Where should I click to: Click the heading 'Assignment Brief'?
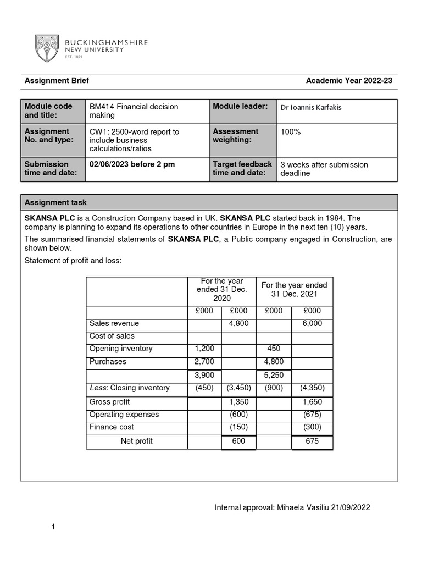(57, 81)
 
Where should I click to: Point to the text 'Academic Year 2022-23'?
(349, 81)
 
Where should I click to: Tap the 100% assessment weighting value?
(290, 132)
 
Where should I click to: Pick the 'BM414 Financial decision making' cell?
(134, 111)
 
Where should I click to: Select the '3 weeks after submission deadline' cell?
(324, 169)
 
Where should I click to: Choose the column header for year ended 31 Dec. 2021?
(294, 289)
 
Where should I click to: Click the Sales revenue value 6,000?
(312, 323)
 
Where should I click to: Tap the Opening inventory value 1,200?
(204, 349)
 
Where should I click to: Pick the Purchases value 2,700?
(204, 362)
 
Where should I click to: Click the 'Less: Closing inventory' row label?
(129, 388)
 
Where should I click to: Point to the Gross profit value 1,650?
(312, 402)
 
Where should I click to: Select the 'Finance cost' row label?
(112, 427)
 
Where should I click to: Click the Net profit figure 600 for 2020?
(238, 441)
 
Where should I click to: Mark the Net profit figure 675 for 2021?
(312, 441)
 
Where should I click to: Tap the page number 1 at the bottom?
(53, 527)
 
